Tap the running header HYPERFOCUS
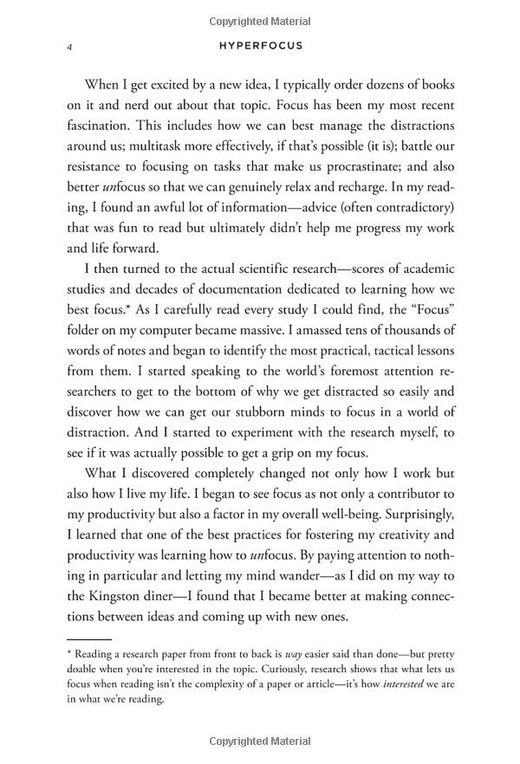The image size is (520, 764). pyautogui.click(x=260, y=46)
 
